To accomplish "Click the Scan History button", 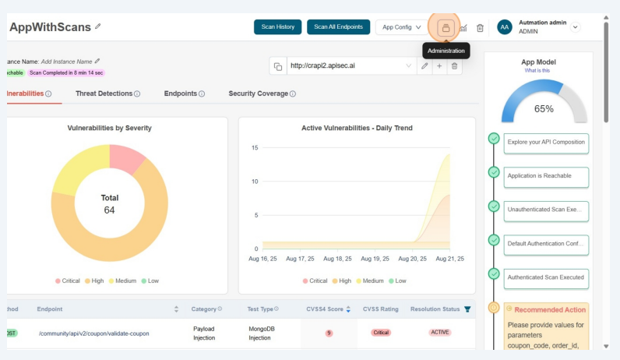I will click(x=277, y=27).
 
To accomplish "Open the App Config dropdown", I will click(x=401, y=27).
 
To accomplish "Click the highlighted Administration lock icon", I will click(x=446, y=27).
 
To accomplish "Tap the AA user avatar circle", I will click(x=505, y=27).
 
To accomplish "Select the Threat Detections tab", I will click(x=107, y=94).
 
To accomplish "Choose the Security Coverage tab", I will click(x=262, y=94).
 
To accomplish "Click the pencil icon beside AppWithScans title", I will click(x=98, y=27).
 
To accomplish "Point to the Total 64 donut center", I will click(x=110, y=204).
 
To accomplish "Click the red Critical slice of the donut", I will click(x=125, y=157).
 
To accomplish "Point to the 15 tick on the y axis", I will click(x=254, y=147).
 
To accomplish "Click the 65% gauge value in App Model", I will click(x=544, y=109).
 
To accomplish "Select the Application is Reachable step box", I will click(x=545, y=176).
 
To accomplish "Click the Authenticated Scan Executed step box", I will click(x=545, y=277).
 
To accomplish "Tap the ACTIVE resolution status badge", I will click(x=440, y=333).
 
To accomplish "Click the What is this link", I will click(x=538, y=70).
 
